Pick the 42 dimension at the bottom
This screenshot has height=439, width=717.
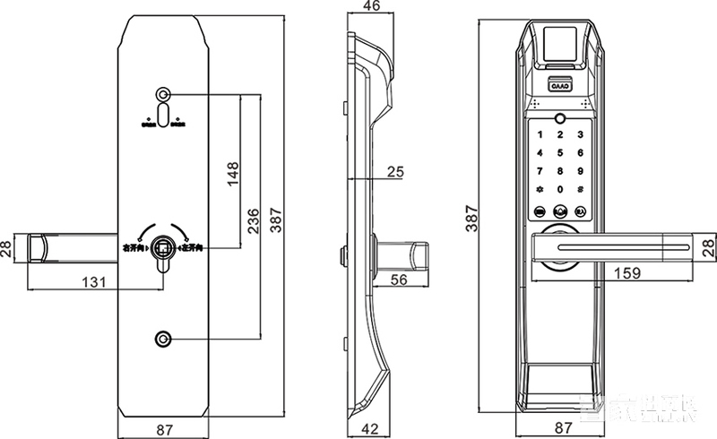tap(367, 429)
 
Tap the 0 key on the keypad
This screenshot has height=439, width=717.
tap(560, 189)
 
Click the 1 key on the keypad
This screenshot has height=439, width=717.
tap(540, 134)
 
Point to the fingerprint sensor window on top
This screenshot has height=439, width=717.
tap(560, 43)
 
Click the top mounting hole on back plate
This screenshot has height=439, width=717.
tap(163, 95)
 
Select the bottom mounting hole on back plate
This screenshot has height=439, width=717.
tap(163, 340)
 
